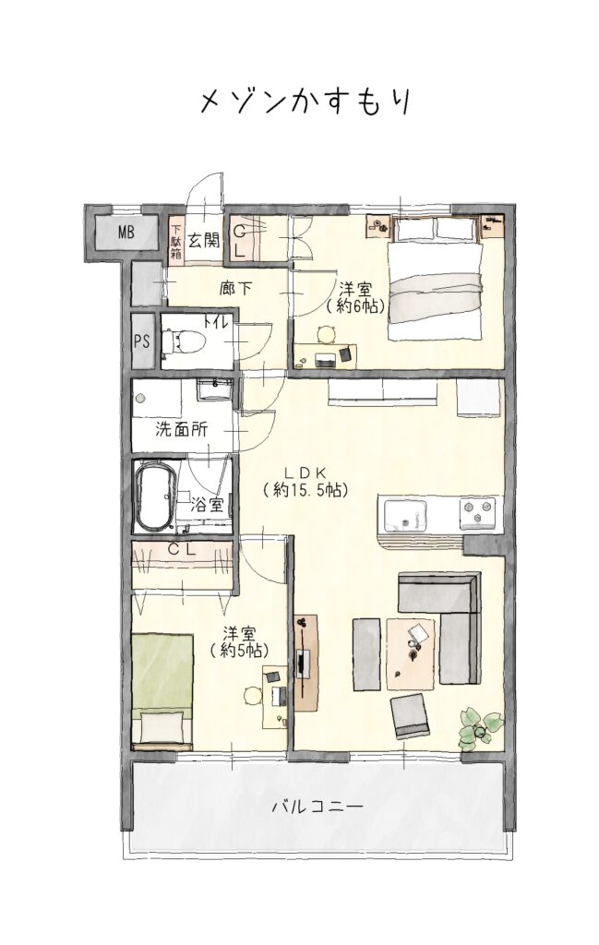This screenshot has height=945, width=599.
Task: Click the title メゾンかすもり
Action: point(305,102)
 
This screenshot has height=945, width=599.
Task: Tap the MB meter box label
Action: point(126,232)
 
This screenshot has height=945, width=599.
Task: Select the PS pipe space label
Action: point(141,341)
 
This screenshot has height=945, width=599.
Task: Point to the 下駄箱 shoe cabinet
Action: point(176,241)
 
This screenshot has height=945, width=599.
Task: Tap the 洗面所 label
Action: point(182,429)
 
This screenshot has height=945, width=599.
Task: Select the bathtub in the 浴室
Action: point(155,496)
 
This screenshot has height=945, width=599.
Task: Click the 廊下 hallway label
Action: point(235,289)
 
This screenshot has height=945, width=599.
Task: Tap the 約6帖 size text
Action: point(354,305)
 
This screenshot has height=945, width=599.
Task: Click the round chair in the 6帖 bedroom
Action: point(327,334)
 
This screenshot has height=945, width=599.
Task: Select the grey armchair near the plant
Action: point(410,715)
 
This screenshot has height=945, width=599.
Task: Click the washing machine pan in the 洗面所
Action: point(157,398)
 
